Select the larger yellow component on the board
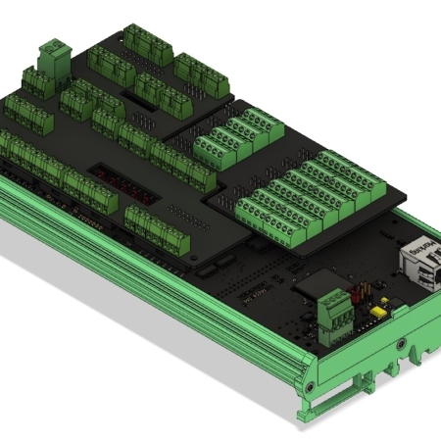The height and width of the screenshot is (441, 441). pyautogui.click(x=376, y=312)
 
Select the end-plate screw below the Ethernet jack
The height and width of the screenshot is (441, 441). pyautogui.click(x=401, y=344)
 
